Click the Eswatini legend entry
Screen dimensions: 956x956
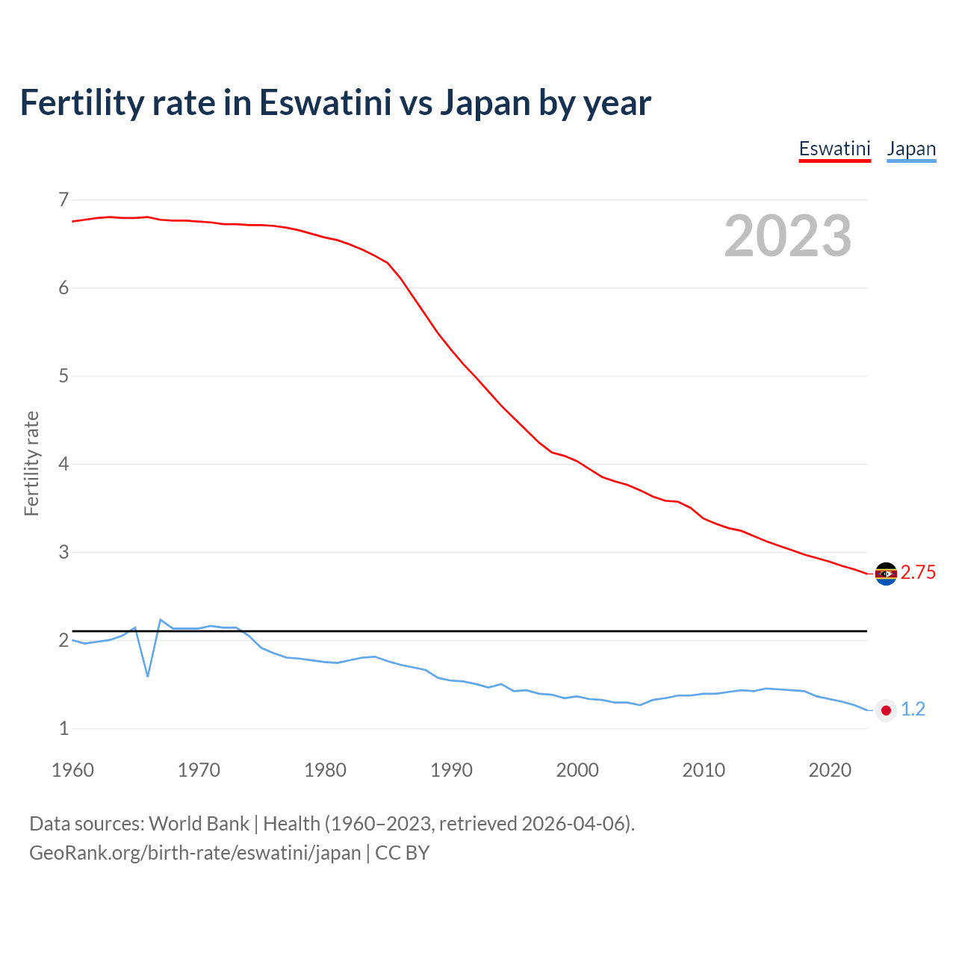[834, 149]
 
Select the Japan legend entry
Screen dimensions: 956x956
[911, 149]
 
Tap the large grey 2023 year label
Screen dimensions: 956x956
[787, 236]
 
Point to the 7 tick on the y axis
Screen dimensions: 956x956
[63, 199]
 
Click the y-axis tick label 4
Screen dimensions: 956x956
[63, 464]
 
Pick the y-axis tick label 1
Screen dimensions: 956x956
[63, 728]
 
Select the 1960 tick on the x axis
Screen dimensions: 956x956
[72, 770]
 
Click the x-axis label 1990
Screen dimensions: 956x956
[451, 770]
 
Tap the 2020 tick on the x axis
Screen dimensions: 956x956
[830, 770]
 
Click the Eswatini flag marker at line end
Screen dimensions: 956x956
[886, 574]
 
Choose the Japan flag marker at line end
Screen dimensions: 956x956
[886, 710]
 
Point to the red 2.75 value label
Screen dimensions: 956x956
[918, 573]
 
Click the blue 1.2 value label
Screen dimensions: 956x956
[913, 710]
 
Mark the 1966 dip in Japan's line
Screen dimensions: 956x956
[148, 676]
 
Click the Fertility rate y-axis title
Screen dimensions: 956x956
[31, 464]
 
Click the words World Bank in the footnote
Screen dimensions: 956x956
[199, 824]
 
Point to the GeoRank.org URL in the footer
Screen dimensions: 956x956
[195, 853]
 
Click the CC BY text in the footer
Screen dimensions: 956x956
[403, 853]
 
